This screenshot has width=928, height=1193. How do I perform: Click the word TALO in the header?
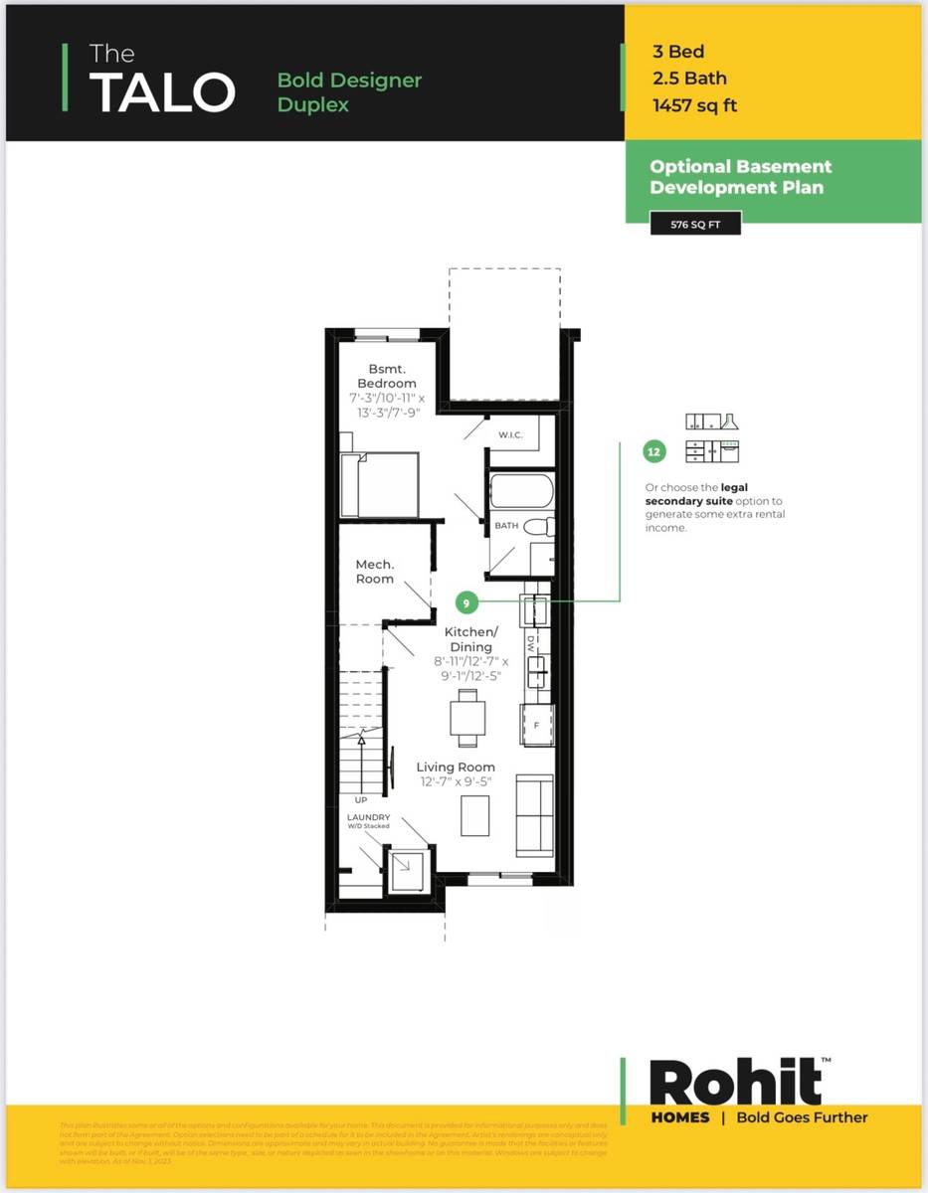pos(163,91)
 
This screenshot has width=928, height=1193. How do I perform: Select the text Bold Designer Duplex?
pos(349,91)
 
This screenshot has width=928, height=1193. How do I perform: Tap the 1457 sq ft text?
pos(694,105)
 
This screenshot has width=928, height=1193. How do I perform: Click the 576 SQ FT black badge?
pos(695,225)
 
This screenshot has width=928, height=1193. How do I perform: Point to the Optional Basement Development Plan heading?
pos(740,177)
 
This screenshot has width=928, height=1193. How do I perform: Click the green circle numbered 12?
pos(653,452)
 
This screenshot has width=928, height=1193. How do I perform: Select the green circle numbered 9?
pos(465,602)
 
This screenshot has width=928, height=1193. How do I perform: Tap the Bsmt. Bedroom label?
pos(387,376)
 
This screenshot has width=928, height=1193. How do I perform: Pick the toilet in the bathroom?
pos(538,527)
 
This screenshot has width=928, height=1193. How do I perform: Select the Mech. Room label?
pos(375,572)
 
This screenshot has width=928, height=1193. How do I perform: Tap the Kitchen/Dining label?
pos(470,639)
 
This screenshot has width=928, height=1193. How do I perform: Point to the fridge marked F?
pos(538,725)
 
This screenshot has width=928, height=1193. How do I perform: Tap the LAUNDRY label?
pos(368,817)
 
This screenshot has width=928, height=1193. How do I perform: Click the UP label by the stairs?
pos(360,798)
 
